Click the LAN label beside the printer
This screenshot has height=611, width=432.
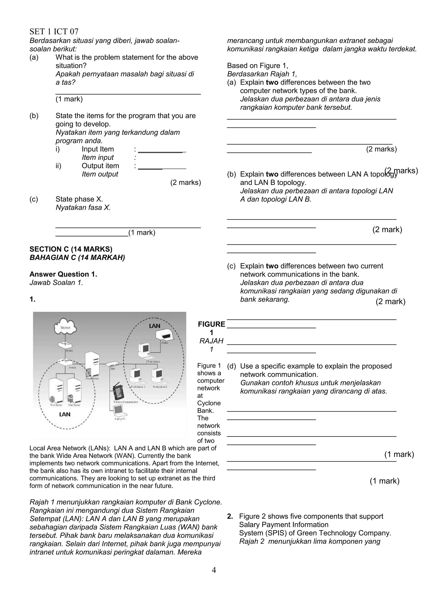[x=154, y=326]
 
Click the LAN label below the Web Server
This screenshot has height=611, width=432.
[x=65, y=414]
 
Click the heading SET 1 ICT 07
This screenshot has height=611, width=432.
[x=54, y=32]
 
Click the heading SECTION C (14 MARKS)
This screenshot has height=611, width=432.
[x=71, y=249]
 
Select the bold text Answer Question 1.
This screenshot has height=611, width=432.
[x=63, y=274]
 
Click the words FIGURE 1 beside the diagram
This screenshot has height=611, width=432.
[x=211, y=328]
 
